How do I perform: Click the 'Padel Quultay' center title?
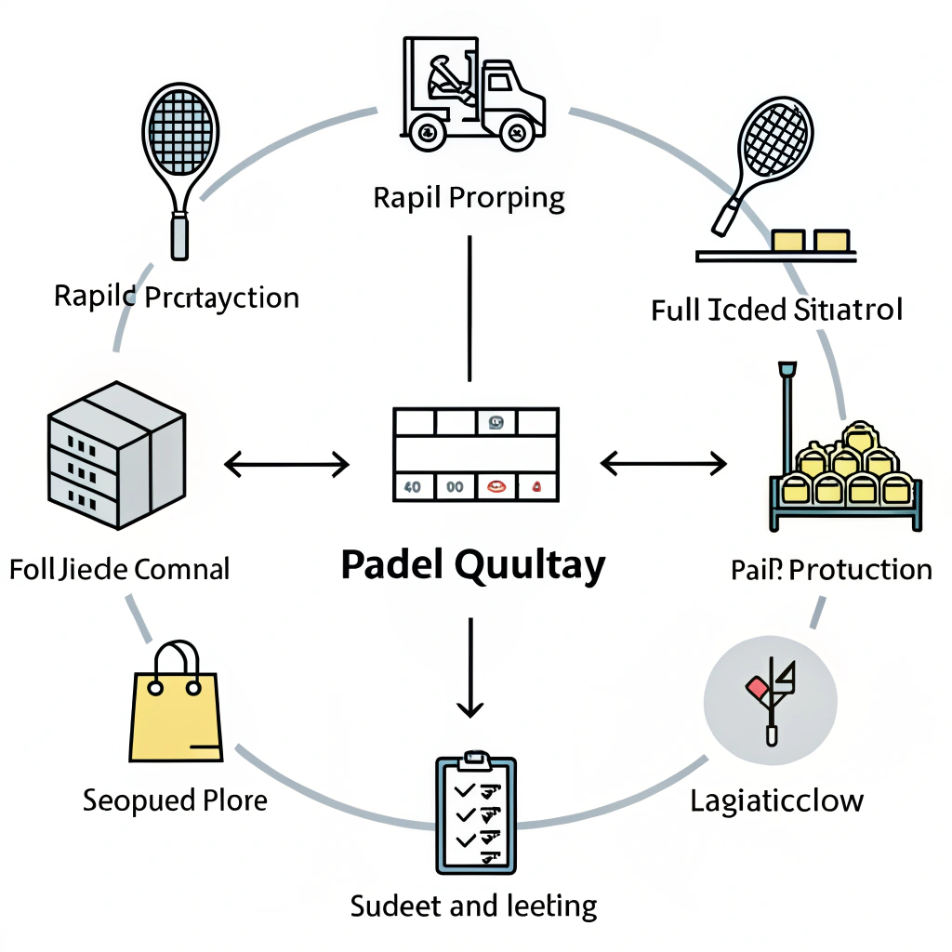click(x=472, y=564)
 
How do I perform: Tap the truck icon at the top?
click(x=471, y=93)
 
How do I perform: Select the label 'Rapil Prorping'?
click(x=469, y=198)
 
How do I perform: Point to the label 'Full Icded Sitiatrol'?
click(x=776, y=310)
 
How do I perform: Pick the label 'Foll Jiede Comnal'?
click(x=119, y=568)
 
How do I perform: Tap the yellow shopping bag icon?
click(x=177, y=704)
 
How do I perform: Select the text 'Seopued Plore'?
click(x=175, y=800)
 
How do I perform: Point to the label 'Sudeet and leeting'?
click(x=473, y=905)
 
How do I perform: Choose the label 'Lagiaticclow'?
click(x=777, y=800)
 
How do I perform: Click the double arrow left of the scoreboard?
click(x=287, y=462)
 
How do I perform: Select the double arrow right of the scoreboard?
click(x=664, y=462)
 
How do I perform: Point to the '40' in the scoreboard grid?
click(x=412, y=485)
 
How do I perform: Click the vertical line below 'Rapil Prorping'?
click(x=470, y=307)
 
